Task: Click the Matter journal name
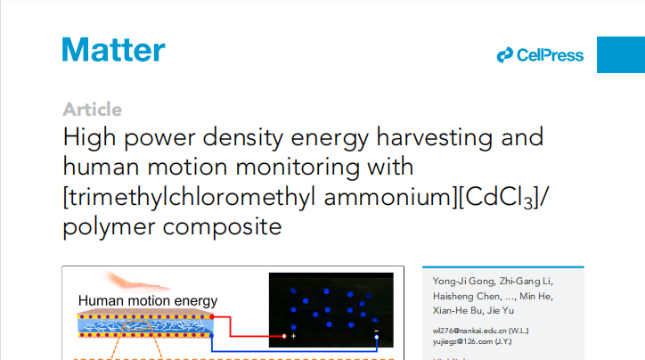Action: pos(113,50)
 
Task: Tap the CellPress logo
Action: pos(540,55)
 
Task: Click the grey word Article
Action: pos(92,110)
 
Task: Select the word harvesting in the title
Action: pos(435,137)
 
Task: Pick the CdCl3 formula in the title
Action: pos(499,198)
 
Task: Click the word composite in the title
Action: pos(222,226)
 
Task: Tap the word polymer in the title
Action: pos(109,226)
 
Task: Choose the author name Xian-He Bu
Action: pos(457,310)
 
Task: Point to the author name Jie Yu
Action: pos(501,310)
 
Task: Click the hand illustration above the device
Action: pos(135,282)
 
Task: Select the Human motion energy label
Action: pos(148,301)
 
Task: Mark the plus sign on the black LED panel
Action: pos(293,336)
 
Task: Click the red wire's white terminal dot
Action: pos(284,336)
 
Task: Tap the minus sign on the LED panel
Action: pos(376,331)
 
